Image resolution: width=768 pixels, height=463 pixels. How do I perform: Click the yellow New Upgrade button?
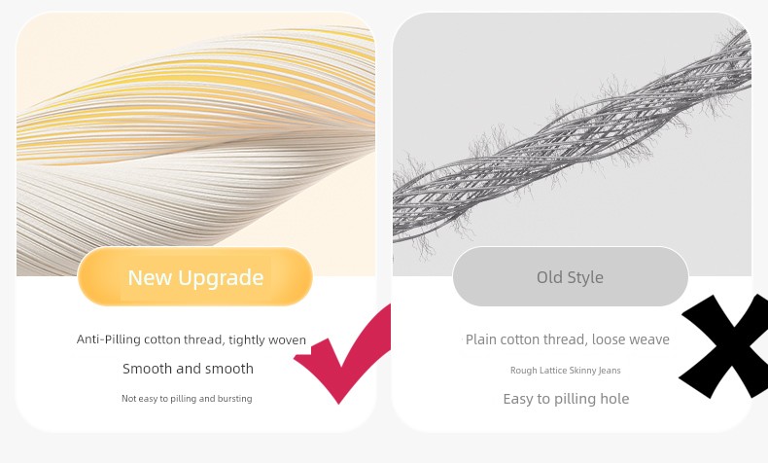click(x=195, y=277)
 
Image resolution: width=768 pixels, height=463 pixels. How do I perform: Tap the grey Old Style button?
click(x=571, y=277)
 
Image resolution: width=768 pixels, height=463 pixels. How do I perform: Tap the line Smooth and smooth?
click(x=188, y=369)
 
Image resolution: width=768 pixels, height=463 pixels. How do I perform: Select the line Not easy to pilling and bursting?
click(x=187, y=399)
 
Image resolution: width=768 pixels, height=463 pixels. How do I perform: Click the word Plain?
click(x=479, y=339)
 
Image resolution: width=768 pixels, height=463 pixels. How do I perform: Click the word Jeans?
click(x=610, y=371)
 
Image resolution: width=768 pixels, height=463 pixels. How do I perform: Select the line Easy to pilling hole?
click(x=566, y=399)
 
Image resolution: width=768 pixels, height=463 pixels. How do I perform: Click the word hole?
click(x=616, y=399)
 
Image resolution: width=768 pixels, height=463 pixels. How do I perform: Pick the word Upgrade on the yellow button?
click(x=221, y=278)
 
